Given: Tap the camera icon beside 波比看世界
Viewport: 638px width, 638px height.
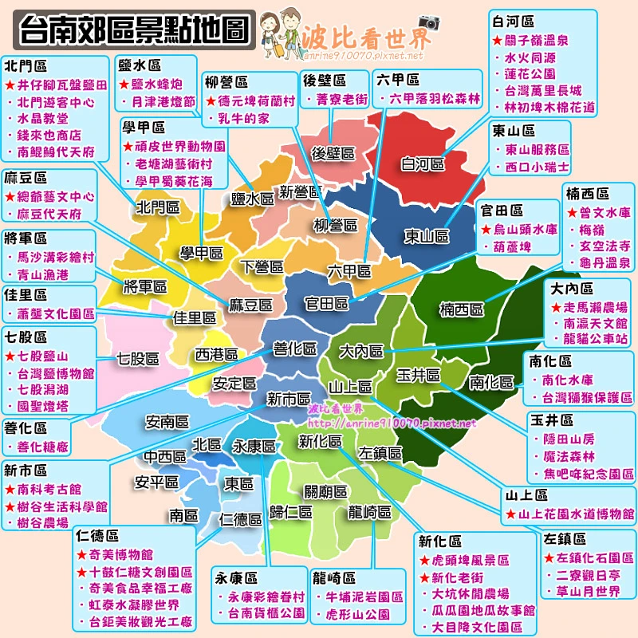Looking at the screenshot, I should (x=429, y=22).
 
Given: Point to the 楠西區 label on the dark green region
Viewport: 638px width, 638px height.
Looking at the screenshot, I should (x=462, y=309).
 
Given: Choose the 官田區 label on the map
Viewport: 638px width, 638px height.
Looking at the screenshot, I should (x=328, y=304).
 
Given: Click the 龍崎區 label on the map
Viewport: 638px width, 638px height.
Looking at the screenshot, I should (x=369, y=512).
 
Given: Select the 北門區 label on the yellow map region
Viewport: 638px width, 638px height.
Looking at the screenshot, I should (x=157, y=207).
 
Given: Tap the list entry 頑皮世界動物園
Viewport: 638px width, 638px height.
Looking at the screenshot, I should (x=179, y=147).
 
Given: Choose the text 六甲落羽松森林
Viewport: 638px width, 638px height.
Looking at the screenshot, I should (x=435, y=99).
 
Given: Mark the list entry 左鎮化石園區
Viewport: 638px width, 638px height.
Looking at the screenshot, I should (x=595, y=557).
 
